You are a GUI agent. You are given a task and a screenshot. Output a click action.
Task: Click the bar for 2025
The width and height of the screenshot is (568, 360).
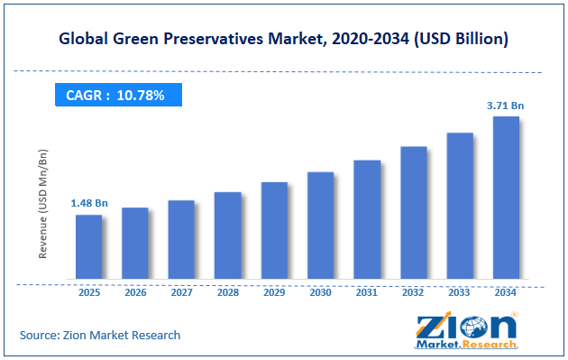(x=88, y=247)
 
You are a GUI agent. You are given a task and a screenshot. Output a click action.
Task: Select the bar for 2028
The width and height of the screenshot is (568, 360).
(x=228, y=235)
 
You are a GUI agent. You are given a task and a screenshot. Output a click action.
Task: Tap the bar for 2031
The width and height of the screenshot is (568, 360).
(x=367, y=219)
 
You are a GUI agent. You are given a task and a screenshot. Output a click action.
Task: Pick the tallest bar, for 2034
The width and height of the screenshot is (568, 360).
(x=506, y=198)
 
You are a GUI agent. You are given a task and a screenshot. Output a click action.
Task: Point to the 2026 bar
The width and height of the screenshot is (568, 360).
(x=135, y=244)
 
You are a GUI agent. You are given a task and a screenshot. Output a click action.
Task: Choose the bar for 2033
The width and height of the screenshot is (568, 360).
(x=460, y=206)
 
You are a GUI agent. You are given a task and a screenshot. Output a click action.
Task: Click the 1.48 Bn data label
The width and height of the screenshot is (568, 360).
(x=89, y=203)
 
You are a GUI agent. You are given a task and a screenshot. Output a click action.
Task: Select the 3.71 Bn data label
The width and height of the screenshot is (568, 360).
(x=505, y=106)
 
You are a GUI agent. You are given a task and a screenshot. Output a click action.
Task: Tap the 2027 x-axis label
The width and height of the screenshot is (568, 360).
(x=182, y=292)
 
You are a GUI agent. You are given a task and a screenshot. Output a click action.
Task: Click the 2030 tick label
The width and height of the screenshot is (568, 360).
(x=321, y=292)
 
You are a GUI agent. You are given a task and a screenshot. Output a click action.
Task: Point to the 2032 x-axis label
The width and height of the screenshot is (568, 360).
(x=413, y=292)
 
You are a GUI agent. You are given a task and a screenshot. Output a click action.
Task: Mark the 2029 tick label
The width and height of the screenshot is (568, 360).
(x=274, y=292)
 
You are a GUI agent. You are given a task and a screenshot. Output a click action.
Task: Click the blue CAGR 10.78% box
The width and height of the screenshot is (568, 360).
(x=118, y=95)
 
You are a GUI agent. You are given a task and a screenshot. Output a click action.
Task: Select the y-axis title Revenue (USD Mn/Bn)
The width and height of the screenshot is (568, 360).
(x=42, y=204)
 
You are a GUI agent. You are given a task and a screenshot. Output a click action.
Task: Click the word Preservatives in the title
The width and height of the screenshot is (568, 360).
(x=214, y=39)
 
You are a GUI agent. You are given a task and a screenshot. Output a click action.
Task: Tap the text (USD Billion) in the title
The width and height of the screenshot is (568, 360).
(x=461, y=39)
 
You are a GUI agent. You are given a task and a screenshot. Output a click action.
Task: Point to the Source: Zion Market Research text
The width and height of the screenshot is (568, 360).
(x=100, y=335)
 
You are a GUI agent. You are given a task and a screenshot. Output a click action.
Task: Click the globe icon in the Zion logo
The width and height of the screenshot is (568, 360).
(x=473, y=327)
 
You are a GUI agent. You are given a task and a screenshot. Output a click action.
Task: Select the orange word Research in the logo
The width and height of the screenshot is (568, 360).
(x=489, y=344)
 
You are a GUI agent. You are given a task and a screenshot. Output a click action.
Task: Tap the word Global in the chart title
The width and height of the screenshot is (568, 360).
(x=83, y=39)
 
